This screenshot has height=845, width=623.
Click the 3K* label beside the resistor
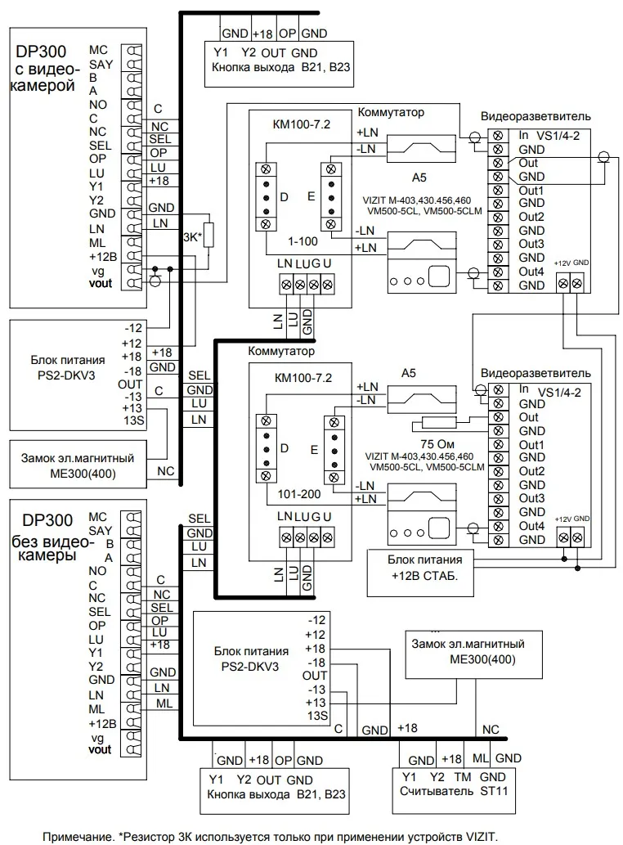click(x=192, y=238)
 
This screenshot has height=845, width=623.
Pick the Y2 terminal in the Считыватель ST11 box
click(x=436, y=775)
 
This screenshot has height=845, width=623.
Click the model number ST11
click(x=488, y=792)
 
